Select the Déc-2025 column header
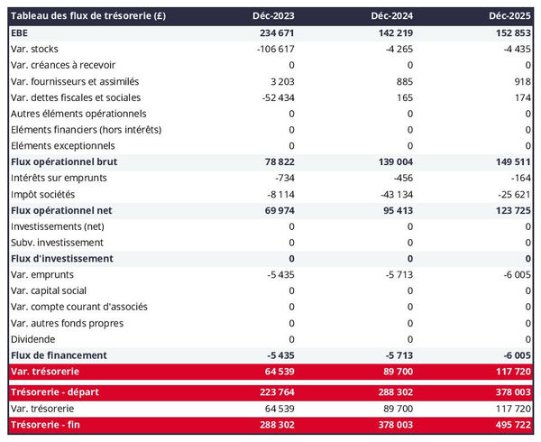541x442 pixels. coord(510,15)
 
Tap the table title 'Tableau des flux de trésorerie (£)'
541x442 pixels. coord(87,15)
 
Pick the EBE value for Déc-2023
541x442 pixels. coord(274,32)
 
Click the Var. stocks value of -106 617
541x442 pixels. coord(271,49)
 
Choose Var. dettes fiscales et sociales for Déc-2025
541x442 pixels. coord(522,97)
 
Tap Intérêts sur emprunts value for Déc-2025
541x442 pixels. coord(520,178)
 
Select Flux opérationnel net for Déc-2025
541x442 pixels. coord(510,210)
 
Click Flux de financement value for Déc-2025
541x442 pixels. coord(516,355)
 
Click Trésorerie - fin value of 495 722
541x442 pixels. coord(510,425)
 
